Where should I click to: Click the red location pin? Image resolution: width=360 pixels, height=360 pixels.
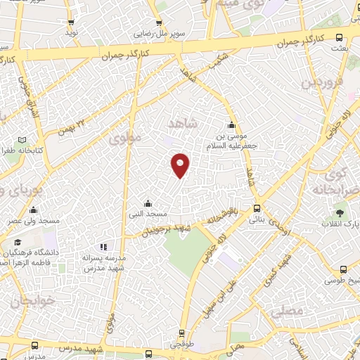point(181,164)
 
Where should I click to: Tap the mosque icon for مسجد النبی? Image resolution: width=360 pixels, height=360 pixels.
point(146,204)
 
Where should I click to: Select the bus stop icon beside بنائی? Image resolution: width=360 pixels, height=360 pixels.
point(257,209)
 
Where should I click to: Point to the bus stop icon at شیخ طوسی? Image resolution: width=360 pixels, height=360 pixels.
point(343,270)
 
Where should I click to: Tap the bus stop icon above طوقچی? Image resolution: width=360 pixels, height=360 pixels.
point(182,334)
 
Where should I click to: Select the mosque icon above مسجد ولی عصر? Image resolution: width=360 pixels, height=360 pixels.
point(33,210)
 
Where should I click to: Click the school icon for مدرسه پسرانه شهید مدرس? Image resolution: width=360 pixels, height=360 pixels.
point(103,247)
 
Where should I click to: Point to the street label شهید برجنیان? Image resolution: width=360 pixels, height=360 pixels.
point(167,229)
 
